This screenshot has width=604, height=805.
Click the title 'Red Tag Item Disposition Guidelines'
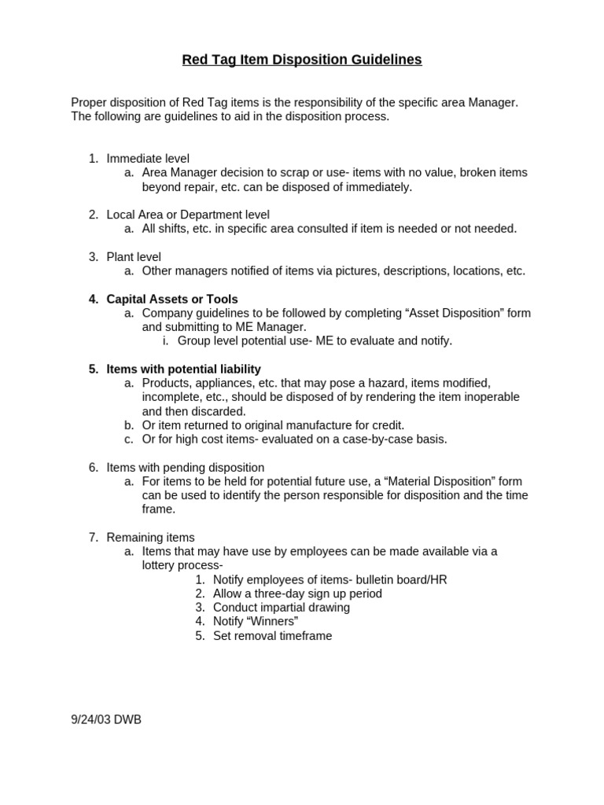(302, 60)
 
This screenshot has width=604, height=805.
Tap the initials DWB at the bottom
(128, 719)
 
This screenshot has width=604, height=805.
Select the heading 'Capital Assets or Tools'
(171, 299)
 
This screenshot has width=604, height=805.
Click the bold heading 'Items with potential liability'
(183, 369)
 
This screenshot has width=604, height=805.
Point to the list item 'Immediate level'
(148, 158)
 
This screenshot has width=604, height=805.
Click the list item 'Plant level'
(134, 256)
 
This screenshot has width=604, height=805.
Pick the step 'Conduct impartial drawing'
(281, 608)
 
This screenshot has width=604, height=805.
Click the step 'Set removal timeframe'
(272, 636)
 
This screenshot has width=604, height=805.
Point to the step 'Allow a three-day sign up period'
(296, 594)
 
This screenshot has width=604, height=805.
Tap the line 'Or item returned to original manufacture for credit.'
(273, 425)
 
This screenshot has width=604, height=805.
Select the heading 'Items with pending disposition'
(185, 467)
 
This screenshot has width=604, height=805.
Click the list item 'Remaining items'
(150, 537)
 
